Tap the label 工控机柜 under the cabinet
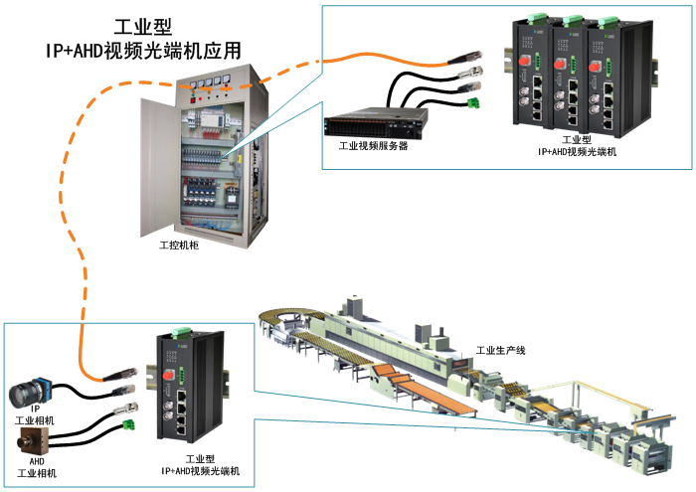[x=179, y=244]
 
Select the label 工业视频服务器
[x=374, y=146]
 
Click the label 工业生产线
[x=500, y=350]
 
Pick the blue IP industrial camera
[x=35, y=394]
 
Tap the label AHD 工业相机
[x=37, y=466]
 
